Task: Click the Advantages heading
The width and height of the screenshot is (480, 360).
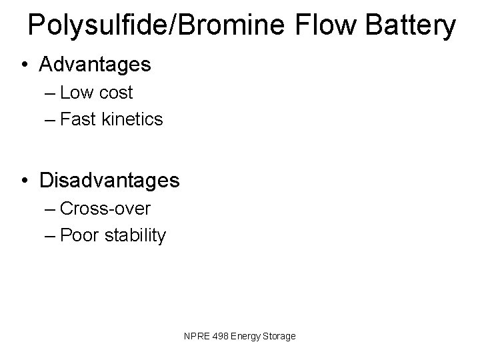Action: click(95, 65)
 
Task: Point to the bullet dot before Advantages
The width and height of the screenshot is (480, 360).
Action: click(25, 65)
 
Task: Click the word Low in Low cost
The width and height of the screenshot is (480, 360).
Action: click(79, 93)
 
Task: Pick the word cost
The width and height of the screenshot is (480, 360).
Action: click(117, 93)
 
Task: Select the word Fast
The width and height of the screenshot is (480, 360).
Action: click(79, 120)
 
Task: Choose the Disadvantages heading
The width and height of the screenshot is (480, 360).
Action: click(109, 181)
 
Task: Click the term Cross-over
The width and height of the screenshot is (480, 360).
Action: click(105, 209)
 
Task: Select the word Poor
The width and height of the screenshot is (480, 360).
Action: click(79, 236)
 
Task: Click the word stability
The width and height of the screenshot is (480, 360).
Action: click(135, 236)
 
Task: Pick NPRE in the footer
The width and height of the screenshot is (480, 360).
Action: click(196, 337)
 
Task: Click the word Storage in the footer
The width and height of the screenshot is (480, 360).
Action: click(279, 337)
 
